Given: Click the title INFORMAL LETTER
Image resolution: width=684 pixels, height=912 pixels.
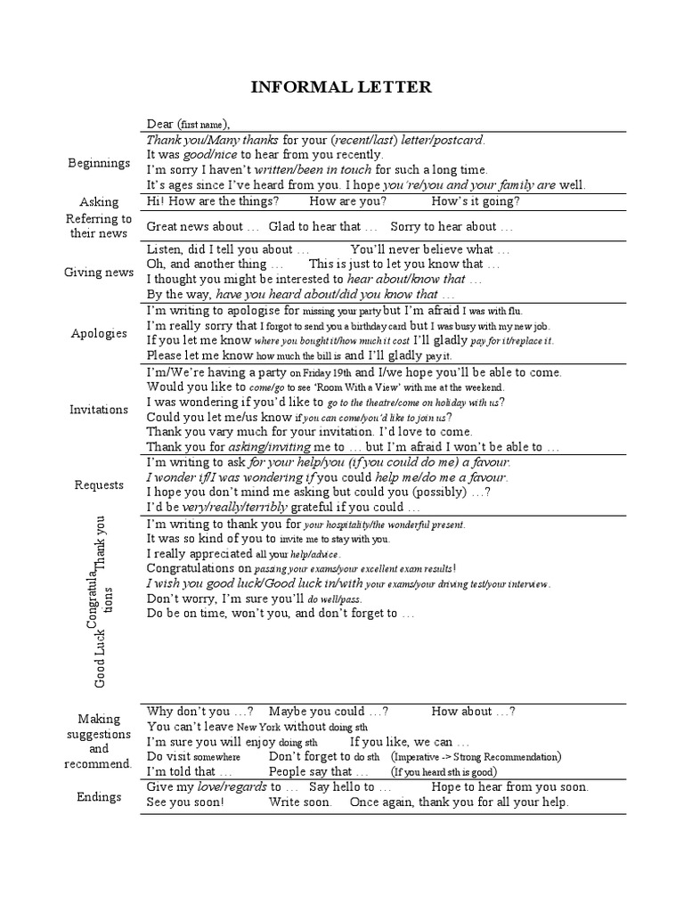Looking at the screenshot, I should pyautogui.click(x=342, y=86).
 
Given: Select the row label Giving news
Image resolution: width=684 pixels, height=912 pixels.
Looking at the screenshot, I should pyautogui.click(x=99, y=273).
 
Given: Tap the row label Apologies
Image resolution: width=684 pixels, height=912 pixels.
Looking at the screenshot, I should pyautogui.click(x=99, y=333).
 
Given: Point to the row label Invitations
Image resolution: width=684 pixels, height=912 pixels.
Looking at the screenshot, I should pyautogui.click(x=99, y=410).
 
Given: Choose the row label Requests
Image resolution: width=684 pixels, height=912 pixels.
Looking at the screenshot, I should pyautogui.click(x=99, y=484).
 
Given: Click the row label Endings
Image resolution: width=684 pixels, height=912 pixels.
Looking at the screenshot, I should pyautogui.click(x=99, y=796).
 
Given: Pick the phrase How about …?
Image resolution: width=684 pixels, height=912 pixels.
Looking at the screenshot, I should pyautogui.click(x=473, y=712).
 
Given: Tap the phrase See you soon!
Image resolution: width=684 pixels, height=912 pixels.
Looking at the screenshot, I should pyautogui.click(x=185, y=802).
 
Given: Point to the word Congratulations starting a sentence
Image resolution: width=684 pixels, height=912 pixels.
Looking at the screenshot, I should pyautogui.click(x=199, y=567).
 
